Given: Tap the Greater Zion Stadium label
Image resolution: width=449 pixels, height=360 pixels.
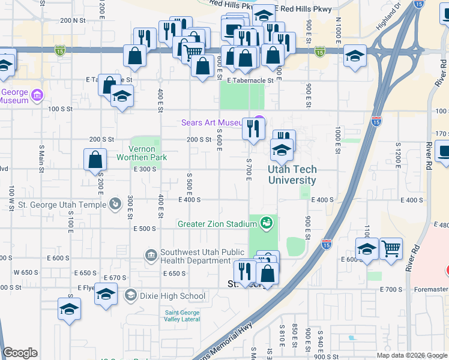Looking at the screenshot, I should point(217,224).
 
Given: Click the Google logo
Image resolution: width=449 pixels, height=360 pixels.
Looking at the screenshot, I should point(20,353).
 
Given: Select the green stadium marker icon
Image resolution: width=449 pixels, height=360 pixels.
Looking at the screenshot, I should point(266,224).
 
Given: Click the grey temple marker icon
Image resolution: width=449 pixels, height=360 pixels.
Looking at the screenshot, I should point(115,203).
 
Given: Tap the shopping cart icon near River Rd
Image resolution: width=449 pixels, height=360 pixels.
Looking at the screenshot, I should point(391,247).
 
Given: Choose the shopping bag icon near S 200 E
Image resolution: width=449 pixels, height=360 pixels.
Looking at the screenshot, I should point(95,160).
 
